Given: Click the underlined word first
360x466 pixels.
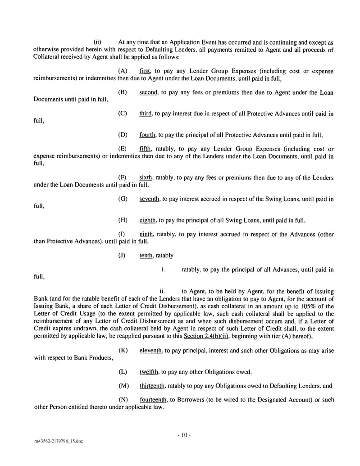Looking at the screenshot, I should [146, 72].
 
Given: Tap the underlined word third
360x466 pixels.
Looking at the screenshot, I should [146, 114].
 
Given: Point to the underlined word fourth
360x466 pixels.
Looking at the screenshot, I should [148, 134].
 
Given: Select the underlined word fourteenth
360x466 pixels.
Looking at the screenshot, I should [153, 400].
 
